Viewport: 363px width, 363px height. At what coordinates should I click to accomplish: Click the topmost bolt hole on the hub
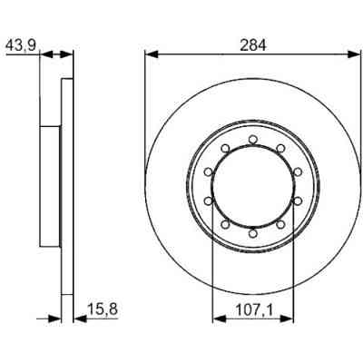click(x=251, y=140)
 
